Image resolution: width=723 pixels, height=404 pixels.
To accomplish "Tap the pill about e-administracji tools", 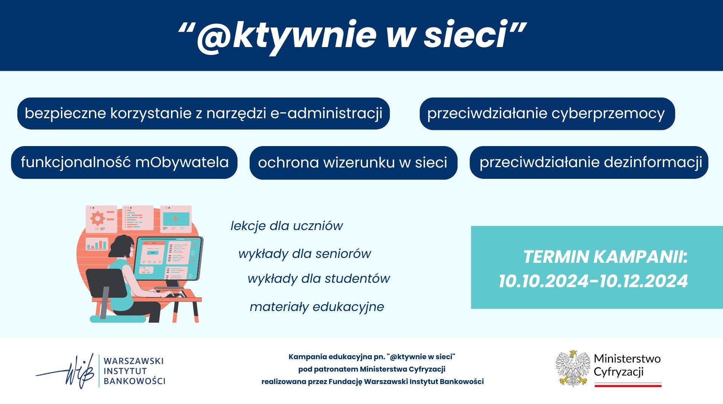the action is [203, 113].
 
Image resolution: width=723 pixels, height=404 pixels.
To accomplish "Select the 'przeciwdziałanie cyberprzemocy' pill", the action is [547, 114].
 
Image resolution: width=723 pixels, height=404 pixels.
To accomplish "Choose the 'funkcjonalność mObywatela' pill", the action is [124, 162].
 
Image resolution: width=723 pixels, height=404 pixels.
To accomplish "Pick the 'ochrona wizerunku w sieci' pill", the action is [353, 163].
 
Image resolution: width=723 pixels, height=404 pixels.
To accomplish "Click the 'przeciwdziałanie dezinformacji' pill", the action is [589, 162].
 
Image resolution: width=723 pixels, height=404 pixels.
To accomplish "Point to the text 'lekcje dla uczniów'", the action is [287, 226].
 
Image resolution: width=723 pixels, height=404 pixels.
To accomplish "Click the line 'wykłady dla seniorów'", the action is [305, 254].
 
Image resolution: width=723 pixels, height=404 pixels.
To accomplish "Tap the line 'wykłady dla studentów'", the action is [319, 279].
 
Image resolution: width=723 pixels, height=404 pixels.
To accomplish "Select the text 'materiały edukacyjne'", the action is [317, 307].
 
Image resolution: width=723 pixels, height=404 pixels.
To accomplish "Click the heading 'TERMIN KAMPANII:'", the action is [605, 257].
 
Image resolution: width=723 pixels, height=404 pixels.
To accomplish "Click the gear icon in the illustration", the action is [98, 218].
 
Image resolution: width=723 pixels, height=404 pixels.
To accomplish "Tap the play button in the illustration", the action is [175, 218].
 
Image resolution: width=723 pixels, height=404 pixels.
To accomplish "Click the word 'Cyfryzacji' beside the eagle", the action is [618, 372].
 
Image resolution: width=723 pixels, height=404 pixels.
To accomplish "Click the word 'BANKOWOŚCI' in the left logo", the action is [134, 381].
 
